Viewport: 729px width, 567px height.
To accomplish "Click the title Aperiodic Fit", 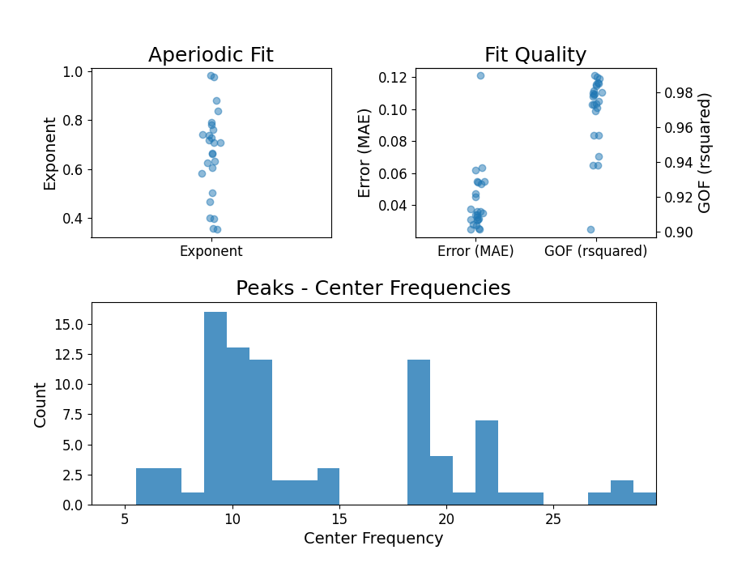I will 211,55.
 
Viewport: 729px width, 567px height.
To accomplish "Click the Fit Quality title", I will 535,55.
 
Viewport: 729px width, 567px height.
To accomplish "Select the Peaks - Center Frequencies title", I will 373,288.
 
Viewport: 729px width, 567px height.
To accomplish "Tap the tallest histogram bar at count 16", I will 215,409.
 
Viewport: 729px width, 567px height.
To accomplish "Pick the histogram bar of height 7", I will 487,463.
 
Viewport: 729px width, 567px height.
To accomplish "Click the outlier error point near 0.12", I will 480,75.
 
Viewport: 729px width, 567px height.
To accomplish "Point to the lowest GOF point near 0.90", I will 590,229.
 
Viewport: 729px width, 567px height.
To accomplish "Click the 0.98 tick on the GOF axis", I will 677,93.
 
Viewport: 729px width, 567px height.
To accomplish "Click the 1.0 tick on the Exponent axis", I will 72,72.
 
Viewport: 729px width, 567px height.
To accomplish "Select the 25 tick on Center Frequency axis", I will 554,518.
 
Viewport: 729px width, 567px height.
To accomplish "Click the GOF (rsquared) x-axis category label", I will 596,251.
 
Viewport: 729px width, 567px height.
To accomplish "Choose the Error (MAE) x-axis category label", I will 475,251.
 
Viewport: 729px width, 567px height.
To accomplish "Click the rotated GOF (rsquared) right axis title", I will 705,152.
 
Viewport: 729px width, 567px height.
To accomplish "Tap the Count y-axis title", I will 40,404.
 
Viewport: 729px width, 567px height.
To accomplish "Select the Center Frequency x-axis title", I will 373,539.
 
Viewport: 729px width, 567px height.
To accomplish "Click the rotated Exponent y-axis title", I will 50,153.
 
